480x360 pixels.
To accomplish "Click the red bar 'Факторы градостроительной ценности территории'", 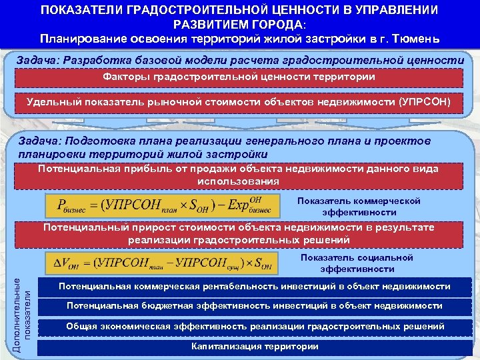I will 239,77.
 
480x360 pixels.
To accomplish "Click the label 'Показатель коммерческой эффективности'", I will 359,206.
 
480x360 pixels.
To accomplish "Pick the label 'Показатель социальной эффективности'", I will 357,263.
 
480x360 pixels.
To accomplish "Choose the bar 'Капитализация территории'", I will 255,347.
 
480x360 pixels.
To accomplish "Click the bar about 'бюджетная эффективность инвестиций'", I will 255,306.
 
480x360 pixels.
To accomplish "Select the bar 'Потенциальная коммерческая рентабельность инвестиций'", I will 255,286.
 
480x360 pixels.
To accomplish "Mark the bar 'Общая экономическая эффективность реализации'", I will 255,327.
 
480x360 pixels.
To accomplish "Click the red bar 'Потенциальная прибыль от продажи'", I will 239,175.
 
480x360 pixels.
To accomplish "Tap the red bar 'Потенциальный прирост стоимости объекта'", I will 239,233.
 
